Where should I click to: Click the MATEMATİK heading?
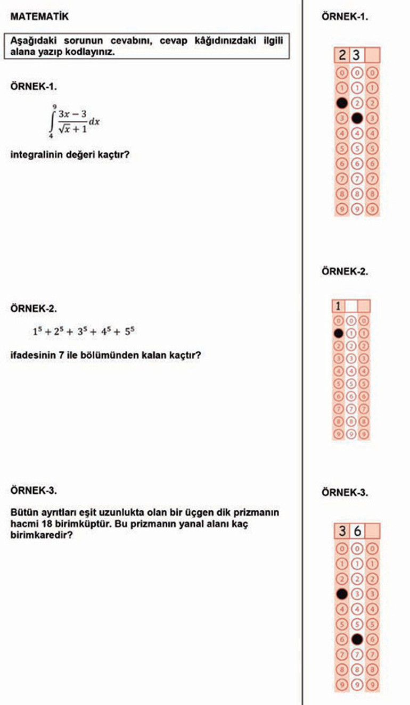tap(39, 17)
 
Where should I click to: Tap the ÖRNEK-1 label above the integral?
tap(34, 86)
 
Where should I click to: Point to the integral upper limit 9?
tap(55, 106)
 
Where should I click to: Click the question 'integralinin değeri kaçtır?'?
tap(70, 156)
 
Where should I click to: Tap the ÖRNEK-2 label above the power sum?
tap(34, 308)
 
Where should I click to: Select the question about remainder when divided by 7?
tap(105, 354)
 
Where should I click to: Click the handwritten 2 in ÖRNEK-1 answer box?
tap(342, 55)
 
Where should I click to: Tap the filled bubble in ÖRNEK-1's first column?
tap(342, 102)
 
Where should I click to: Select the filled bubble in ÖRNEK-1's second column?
tap(357, 117)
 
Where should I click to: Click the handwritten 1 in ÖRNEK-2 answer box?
tap(338, 306)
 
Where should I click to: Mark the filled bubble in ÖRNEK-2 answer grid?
tap(338, 333)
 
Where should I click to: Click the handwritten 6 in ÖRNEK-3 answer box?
tap(357, 531)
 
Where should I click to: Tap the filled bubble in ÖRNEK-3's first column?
tap(342, 593)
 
